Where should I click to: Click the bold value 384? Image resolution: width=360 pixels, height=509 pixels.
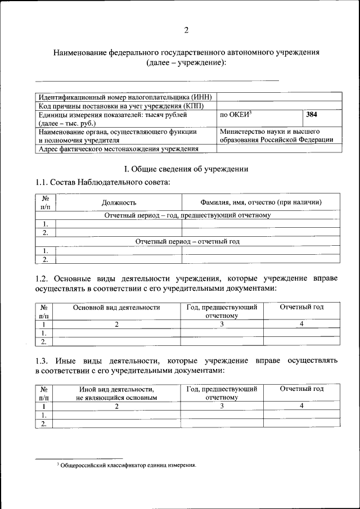312,115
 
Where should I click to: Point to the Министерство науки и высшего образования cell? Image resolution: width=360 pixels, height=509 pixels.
276,136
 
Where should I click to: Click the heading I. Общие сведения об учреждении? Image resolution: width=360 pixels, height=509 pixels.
186,169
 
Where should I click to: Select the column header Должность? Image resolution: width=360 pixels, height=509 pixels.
119,202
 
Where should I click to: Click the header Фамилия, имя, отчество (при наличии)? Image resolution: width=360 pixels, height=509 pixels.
261,202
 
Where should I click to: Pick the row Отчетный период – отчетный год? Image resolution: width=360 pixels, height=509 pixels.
187,241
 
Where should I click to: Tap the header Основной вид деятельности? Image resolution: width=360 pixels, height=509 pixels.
117,308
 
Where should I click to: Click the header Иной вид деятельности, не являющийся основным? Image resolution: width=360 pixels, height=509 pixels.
116,393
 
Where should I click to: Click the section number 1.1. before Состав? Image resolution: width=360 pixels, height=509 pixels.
42,182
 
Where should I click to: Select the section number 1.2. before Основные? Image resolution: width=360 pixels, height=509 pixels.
42,278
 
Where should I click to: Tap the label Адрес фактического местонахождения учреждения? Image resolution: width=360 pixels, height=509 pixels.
118,149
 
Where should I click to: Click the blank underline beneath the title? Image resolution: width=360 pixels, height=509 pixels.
157,80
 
